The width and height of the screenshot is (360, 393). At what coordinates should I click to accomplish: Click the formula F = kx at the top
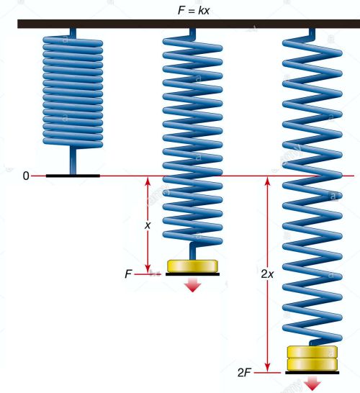(x=193, y=11)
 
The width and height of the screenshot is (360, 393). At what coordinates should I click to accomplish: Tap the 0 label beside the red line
(x=26, y=176)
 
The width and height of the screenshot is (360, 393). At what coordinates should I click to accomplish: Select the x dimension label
(x=148, y=225)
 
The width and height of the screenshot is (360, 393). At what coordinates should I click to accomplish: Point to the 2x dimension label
(x=267, y=274)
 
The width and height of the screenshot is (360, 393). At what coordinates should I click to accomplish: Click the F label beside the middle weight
(x=128, y=274)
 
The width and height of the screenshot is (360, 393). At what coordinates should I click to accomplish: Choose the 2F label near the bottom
(x=244, y=373)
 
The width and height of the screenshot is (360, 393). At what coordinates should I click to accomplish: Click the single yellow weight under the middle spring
(x=192, y=266)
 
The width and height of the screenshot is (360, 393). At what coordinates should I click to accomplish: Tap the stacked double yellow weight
(x=312, y=358)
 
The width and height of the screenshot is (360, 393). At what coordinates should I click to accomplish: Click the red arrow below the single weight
(x=192, y=284)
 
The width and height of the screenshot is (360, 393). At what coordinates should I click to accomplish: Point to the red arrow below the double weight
(x=312, y=384)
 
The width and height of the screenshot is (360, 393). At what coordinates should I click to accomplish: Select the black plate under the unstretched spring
(x=73, y=176)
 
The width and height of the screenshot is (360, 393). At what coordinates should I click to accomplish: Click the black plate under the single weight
(x=192, y=274)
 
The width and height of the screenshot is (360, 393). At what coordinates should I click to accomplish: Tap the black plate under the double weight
(x=312, y=373)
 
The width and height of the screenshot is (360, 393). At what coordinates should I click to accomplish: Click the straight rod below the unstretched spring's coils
(x=73, y=161)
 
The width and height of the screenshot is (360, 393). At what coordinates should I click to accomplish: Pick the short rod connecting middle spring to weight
(x=192, y=251)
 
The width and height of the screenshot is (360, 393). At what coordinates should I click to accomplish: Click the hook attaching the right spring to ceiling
(x=312, y=33)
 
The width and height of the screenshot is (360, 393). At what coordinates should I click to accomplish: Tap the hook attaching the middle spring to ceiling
(x=192, y=33)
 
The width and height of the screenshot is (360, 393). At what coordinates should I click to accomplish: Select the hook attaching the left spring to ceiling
(x=73, y=33)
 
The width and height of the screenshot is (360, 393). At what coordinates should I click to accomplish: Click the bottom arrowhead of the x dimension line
(x=148, y=269)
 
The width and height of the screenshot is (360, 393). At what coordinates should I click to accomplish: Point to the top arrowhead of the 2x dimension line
(x=268, y=181)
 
